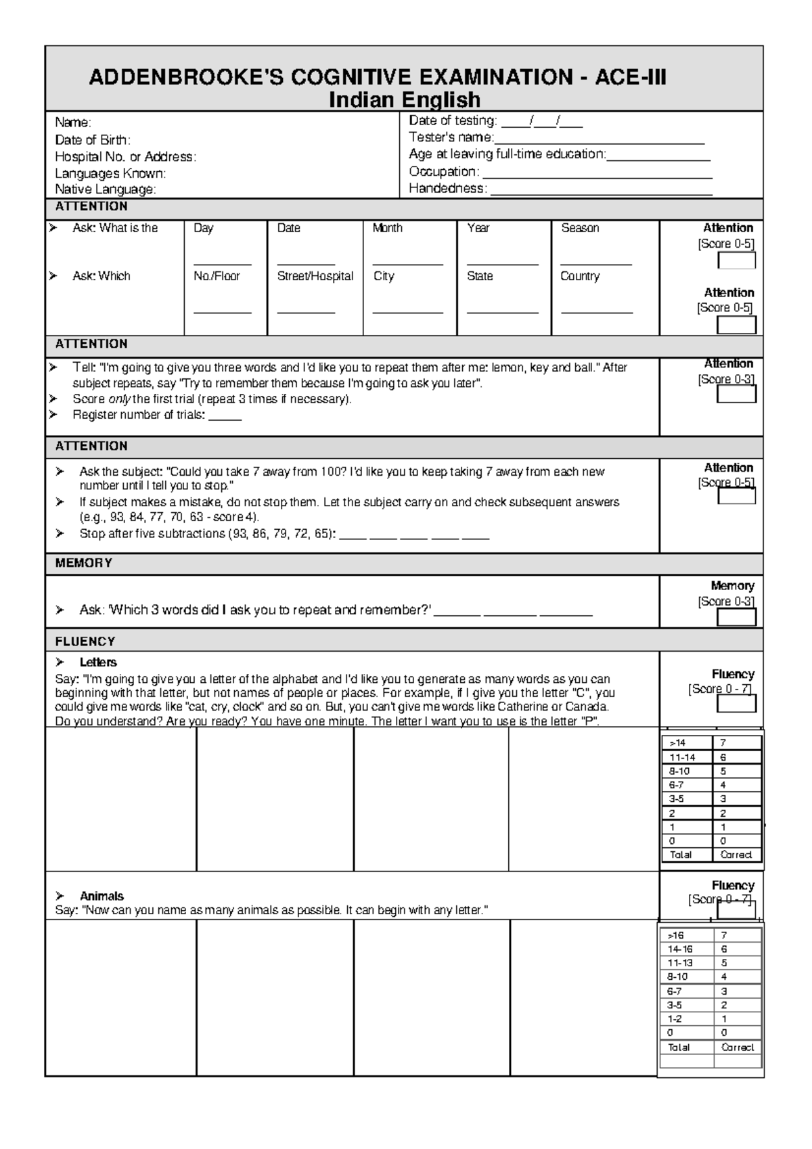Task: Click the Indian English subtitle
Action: (404, 100)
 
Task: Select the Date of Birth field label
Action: (93, 140)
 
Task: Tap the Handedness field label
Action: (447, 189)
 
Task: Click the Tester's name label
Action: (451, 137)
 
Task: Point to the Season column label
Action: (580, 228)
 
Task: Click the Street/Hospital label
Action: (315, 276)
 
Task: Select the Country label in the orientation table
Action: (580, 276)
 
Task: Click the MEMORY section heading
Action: (84, 563)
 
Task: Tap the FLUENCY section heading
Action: (85, 641)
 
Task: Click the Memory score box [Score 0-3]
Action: (736, 617)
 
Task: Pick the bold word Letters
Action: (98, 662)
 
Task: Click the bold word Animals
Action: (101, 896)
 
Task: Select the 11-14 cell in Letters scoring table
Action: (682, 757)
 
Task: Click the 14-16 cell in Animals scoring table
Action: (680, 949)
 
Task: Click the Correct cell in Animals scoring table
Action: (737, 1047)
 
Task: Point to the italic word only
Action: (120, 399)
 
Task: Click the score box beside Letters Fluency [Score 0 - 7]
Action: (736, 704)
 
